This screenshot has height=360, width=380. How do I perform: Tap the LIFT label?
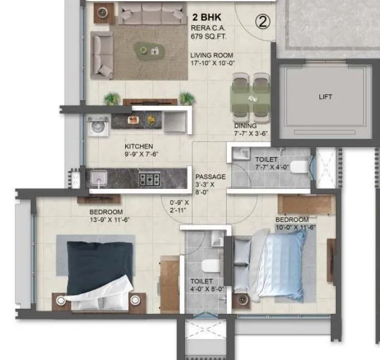[x=325, y=97]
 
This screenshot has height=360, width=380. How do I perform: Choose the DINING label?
[x=245, y=125]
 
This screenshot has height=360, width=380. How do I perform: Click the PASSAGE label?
[x=210, y=176]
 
